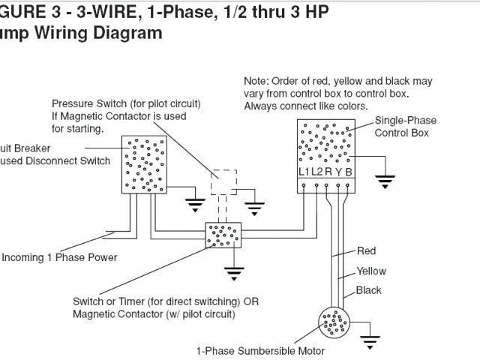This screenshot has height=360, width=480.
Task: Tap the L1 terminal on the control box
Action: [x=304, y=171]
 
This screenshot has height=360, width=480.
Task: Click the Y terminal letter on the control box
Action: [x=339, y=171]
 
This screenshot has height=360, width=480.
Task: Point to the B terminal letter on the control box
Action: [x=349, y=171]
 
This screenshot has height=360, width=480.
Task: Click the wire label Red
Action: [x=366, y=251]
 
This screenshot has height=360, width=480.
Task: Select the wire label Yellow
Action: [x=371, y=271]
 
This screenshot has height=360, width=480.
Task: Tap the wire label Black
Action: [x=368, y=290]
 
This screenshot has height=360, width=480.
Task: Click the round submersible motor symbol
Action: [x=331, y=323]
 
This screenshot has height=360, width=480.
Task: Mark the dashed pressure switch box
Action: [x=223, y=182]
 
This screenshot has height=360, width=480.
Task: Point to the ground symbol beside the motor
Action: [x=370, y=338]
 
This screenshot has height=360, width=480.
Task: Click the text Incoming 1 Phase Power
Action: [x=59, y=258]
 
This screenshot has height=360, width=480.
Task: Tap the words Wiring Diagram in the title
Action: [x=98, y=33]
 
